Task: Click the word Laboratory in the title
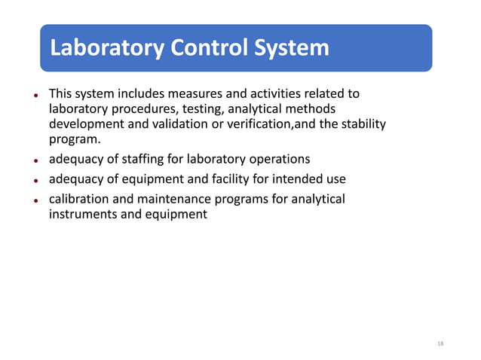pos(106,48)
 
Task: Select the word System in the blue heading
pos(293,48)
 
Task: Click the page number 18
pos(440,343)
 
